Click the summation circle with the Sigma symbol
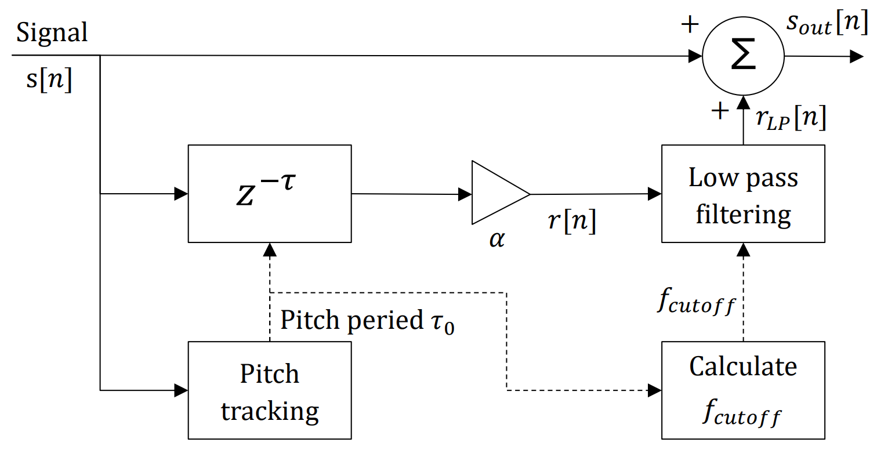click(743, 57)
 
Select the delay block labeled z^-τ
click(270, 193)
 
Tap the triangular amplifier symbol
click(498, 193)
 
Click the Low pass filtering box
click(743, 194)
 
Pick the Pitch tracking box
click(270, 390)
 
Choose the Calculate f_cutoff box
click(743, 390)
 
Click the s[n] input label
click(49, 79)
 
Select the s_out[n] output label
click(827, 24)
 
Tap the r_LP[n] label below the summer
click(791, 118)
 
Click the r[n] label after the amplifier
click(572, 220)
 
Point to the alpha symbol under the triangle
click(497, 238)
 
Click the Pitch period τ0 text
click(367, 321)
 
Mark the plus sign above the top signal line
click(690, 24)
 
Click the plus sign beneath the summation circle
click(720, 111)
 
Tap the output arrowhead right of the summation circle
click(857, 56)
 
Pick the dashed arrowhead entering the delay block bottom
click(270, 249)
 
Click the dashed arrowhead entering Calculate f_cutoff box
click(655, 390)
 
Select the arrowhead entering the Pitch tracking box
click(182, 390)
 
